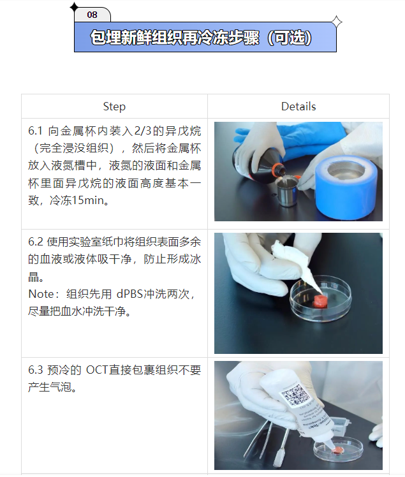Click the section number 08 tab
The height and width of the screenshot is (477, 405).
pos(92,14)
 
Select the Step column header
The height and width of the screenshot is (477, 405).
pos(114,106)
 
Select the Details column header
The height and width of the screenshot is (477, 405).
pos(298,106)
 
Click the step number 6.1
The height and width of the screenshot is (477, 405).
pos(35,131)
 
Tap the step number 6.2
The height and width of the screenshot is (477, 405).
pos(36,242)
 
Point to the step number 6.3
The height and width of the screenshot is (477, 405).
pos(36,371)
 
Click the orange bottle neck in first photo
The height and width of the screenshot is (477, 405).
pos(278,170)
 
